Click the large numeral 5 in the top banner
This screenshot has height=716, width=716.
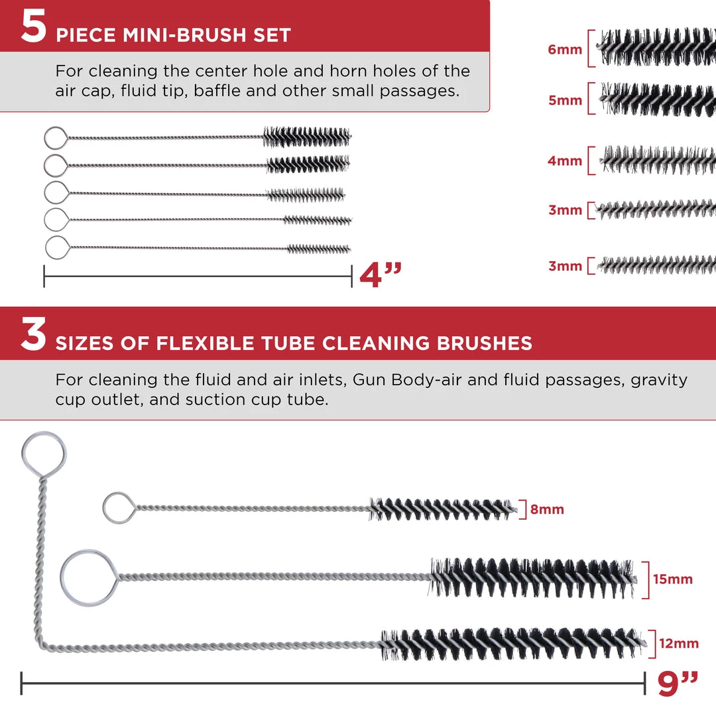[33, 27]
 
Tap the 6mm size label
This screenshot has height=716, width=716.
[565, 49]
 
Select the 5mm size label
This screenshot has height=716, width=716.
[566, 100]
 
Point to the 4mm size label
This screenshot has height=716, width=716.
[565, 160]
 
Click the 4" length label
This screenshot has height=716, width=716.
[381, 275]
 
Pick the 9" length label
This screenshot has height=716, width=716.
[678, 684]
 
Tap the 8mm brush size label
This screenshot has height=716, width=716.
[547, 509]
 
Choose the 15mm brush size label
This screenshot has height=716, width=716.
[673, 579]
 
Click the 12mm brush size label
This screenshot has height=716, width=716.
[679, 643]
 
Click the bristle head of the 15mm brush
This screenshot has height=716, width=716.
[532, 577]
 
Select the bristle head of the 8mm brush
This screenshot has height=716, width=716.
[443, 508]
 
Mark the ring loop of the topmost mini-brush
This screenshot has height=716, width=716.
[45, 138]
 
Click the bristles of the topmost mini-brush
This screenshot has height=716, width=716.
[307, 137]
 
